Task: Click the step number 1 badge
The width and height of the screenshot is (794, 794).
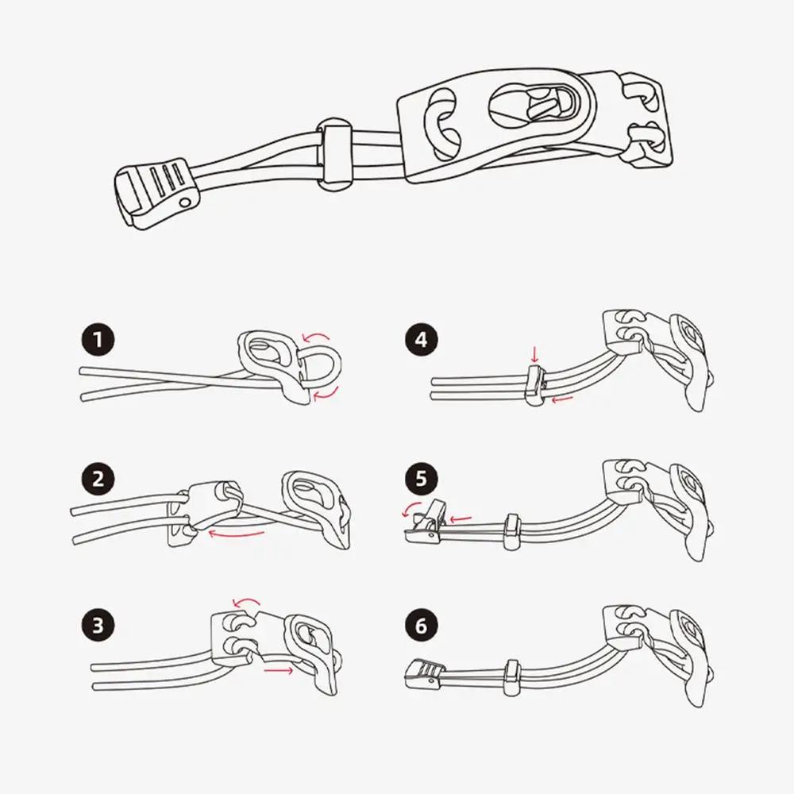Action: click(x=97, y=342)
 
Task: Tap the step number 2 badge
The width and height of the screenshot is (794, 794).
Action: click(x=97, y=482)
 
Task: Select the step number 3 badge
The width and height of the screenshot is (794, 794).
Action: click(x=97, y=624)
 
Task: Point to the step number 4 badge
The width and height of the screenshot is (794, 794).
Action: click(x=421, y=342)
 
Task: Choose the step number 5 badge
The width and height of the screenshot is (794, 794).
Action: click(x=421, y=482)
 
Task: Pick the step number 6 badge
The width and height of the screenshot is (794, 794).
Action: click(x=421, y=624)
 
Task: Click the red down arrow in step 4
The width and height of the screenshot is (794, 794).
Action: click(x=533, y=352)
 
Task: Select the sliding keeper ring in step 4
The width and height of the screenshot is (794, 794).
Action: click(x=535, y=384)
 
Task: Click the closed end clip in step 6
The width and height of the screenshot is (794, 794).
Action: click(x=423, y=673)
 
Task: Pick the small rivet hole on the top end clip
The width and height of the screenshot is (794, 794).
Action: click(x=185, y=204)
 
